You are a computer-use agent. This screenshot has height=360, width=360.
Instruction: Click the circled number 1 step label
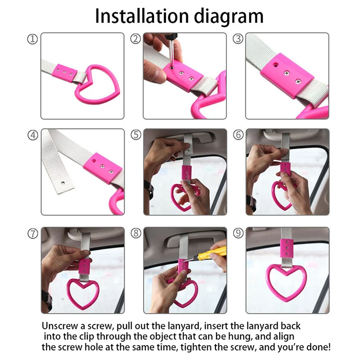pyautogui.click(x=32, y=39)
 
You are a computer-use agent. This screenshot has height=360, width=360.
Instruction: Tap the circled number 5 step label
pyautogui.click(x=136, y=135)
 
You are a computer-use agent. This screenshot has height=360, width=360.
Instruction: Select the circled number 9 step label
pyautogui.click(x=238, y=233)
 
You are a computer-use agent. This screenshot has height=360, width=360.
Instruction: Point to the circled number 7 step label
pyautogui.click(x=32, y=234)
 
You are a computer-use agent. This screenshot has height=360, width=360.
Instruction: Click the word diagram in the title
pyautogui.click(x=229, y=17)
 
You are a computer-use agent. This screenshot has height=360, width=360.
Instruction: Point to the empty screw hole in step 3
pyautogui.click(x=275, y=65)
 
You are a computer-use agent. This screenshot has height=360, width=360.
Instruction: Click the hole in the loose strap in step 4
pyautogui.click(x=63, y=183)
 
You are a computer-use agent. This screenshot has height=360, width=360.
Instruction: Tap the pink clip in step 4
pyautogui.click(x=103, y=168)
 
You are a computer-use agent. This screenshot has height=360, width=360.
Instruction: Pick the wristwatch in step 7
pyautogui.click(x=47, y=300)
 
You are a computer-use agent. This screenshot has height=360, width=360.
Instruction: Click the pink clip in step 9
pyautogui.click(x=287, y=248)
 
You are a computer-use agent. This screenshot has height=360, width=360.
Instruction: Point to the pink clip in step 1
pyautogui.click(x=64, y=72)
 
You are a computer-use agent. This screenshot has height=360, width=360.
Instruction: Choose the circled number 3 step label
pyautogui.click(x=238, y=39)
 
